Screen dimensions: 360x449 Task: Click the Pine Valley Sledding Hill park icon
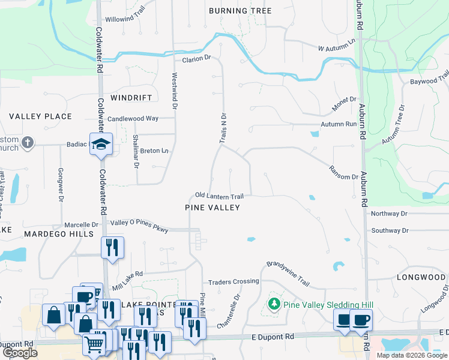point(274,304)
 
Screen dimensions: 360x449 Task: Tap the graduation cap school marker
point(101,144)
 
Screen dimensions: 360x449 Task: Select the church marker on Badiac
point(26,143)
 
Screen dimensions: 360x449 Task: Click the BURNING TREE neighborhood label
point(240,11)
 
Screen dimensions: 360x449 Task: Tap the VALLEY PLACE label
point(41,116)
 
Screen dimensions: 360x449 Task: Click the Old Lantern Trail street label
point(219,196)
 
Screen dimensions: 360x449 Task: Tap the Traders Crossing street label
point(232,282)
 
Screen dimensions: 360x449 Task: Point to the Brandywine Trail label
point(288,273)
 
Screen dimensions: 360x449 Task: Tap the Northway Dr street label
point(389,214)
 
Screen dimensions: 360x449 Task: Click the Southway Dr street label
point(389,230)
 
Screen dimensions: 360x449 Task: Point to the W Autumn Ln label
point(337,44)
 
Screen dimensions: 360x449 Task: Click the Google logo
point(20,353)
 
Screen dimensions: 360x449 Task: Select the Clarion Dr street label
point(197,58)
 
